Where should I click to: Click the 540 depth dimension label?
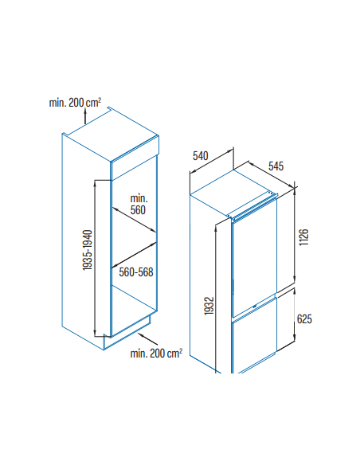point(201,156)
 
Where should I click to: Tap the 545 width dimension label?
point(276,166)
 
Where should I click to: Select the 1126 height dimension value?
point(304,237)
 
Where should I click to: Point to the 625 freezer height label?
point(304,319)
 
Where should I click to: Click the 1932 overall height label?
point(209,306)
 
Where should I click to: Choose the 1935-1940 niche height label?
point(88,250)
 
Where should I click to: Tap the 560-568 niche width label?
point(136,272)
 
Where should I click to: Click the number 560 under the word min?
point(138,210)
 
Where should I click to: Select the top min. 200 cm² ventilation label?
point(75,103)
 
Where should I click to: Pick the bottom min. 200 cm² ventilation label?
point(156,354)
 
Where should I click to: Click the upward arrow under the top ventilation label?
point(85,116)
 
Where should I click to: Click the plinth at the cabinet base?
point(127,334)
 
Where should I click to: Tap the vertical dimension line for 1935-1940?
point(95,258)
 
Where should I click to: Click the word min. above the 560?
point(139,198)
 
